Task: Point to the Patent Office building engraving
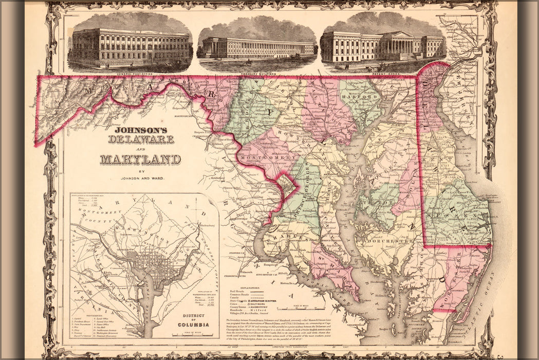[x=383, y=46]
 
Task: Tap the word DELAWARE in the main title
[x=141, y=139]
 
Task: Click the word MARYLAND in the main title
[x=140, y=159]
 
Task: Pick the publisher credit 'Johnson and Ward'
[x=140, y=179]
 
